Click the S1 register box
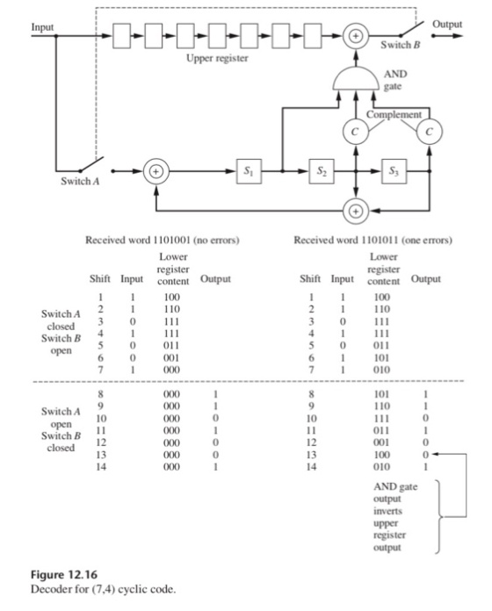(x=250, y=171)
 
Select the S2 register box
(x=322, y=171)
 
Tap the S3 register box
(x=394, y=171)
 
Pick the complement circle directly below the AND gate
(x=356, y=132)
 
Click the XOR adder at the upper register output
(x=356, y=36)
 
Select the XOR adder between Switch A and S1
(x=156, y=171)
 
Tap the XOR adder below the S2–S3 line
(x=356, y=211)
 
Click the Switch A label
(x=80, y=181)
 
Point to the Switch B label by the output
(x=401, y=45)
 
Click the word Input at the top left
(x=42, y=27)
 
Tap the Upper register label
(x=217, y=59)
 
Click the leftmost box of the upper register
(x=121, y=36)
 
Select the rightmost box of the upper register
(x=313, y=36)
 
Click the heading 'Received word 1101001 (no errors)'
(x=163, y=240)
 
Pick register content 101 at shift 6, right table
(x=381, y=357)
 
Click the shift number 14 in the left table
(x=100, y=467)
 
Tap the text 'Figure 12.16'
(x=64, y=575)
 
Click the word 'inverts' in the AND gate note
(x=387, y=511)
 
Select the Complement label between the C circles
(x=394, y=114)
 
